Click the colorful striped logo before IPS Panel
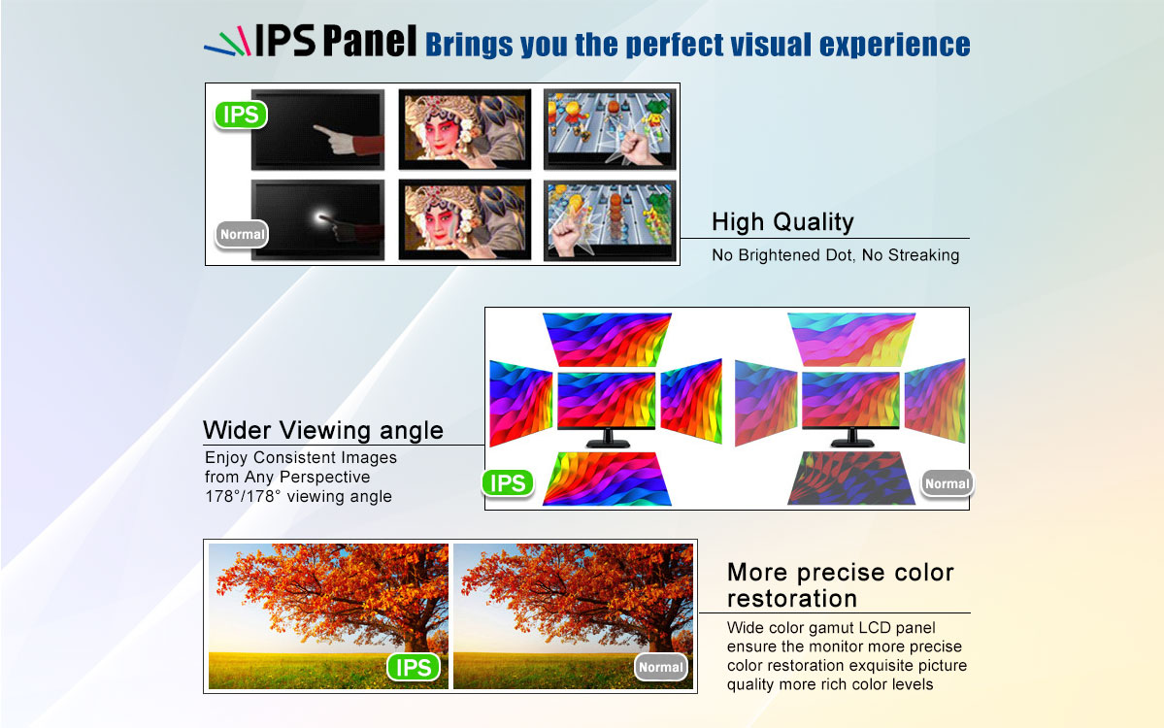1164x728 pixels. (x=227, y=42)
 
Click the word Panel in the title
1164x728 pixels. (x=370, y=41)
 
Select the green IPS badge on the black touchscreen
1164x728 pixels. (x=241, y=116)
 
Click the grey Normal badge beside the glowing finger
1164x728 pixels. (x=242, y=235)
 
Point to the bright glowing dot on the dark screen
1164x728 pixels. (x=322, y=217)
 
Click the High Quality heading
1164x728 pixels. (x=782, y=222)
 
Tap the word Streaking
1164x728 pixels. (x=923, y=255)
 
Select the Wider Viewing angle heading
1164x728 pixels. (x=323, y=430)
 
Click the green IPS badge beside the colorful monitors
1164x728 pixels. (x=508, y=483)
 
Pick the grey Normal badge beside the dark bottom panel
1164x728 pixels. (x=947, y=483)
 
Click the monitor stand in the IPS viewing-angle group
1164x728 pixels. (x=608, y=438)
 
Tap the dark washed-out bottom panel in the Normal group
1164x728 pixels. (x=851, y=479)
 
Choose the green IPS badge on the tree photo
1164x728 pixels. (x=414, y=667)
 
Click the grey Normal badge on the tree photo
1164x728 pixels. (x=661, y=667)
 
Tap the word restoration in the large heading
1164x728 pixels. (x=792, y=599)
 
